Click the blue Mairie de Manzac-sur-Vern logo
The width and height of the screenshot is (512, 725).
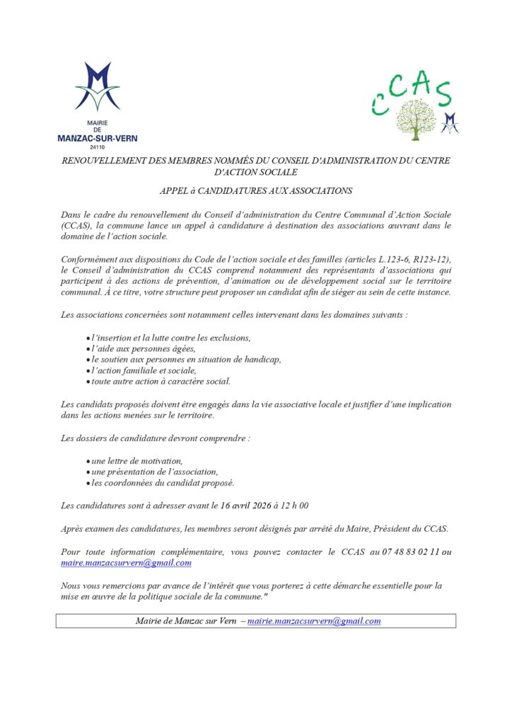[98, 87]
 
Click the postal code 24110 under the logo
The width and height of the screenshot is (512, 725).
[98, 147]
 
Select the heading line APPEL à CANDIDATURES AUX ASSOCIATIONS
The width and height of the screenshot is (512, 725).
[255, 190]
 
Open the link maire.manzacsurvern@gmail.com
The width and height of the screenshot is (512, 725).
[127, 563]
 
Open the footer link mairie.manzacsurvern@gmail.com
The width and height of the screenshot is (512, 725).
[314, 621]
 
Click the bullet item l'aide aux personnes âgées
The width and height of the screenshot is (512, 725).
[142, 348]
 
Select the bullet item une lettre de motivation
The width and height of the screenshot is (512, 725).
[137, 461]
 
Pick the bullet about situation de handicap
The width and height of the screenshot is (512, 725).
[186, 359]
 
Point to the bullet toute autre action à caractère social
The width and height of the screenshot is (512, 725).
[161, 381]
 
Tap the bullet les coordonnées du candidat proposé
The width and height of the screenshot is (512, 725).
[163, 483]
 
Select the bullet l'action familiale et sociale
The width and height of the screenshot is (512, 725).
[144, 370]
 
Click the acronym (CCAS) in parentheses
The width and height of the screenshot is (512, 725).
[76, 225]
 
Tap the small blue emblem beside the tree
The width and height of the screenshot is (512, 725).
[450, 122]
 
